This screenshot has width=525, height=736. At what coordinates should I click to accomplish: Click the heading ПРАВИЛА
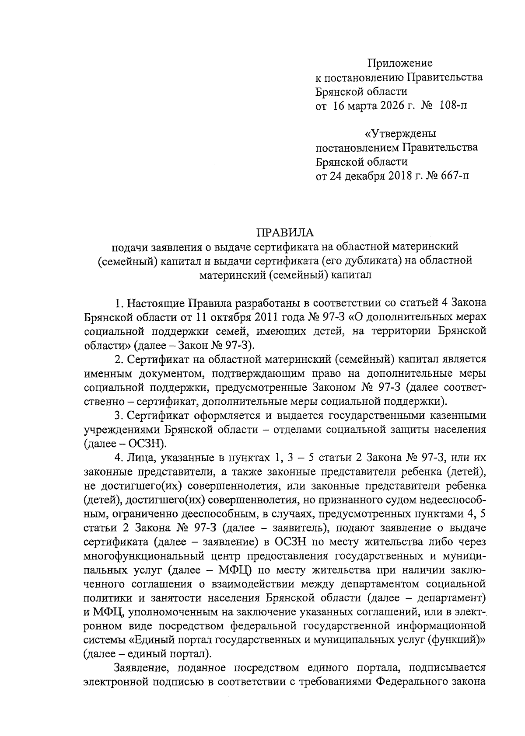point(285,232)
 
